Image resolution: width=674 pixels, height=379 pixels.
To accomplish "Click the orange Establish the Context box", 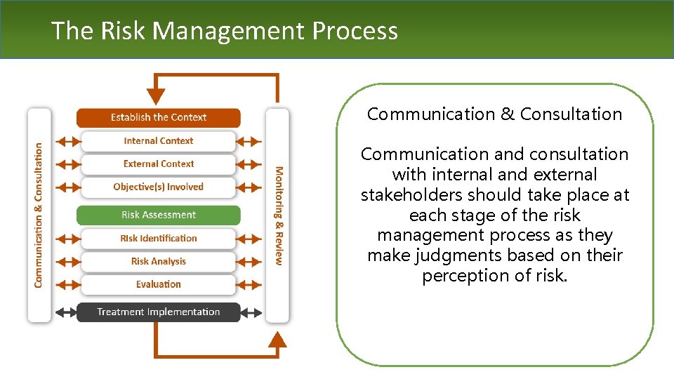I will (158, 117).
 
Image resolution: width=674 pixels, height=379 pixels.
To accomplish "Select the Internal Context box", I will (158, 140).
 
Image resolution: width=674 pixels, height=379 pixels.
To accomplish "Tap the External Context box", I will (158, 164).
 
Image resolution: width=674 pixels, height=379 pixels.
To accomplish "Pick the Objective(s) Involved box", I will (158, 187).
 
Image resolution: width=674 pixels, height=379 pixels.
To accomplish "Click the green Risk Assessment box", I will (158, 215).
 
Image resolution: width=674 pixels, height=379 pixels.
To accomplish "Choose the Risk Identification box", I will (158, 238).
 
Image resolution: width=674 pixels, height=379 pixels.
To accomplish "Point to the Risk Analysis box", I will (158, 261).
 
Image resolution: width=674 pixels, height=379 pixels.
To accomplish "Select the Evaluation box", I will (158, 284).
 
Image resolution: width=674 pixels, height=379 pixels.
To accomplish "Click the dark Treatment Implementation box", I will (158, 312).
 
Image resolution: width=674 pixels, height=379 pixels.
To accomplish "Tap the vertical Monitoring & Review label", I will (279, 215).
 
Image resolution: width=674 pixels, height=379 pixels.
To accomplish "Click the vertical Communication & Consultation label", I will (39, 215).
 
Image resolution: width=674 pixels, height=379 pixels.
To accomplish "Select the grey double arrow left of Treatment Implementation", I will (65, 312).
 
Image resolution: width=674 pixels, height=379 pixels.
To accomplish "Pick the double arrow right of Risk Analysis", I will (249, 261).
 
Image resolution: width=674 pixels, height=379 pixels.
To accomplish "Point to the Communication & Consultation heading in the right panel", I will (494, 114).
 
